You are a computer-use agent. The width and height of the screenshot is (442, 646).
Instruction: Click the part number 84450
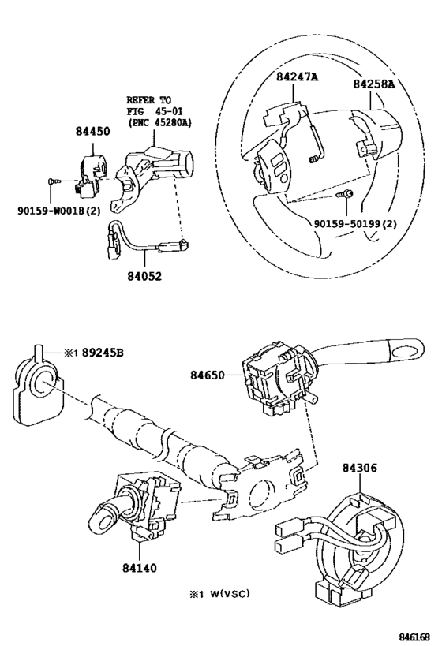93,132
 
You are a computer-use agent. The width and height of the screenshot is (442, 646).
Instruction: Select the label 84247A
297,77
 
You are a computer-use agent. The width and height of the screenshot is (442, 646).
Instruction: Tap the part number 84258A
373,84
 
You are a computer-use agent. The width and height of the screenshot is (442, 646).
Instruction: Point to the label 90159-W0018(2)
59,211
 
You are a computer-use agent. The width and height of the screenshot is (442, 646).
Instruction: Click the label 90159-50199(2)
355,224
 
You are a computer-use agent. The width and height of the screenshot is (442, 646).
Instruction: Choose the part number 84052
144,276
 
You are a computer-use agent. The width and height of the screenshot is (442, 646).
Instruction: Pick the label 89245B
103,353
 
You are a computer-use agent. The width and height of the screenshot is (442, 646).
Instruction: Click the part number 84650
208,375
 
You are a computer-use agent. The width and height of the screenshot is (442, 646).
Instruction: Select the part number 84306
360,468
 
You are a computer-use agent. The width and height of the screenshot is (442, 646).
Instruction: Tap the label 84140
140,568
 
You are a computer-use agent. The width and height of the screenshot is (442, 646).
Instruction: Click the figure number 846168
414,637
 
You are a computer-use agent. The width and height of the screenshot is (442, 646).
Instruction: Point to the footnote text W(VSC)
230,594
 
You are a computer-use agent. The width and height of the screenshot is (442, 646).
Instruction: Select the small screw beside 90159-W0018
54,181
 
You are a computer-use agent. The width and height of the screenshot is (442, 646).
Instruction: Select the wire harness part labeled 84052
145,243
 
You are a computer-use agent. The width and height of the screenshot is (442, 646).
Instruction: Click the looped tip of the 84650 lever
406,352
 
